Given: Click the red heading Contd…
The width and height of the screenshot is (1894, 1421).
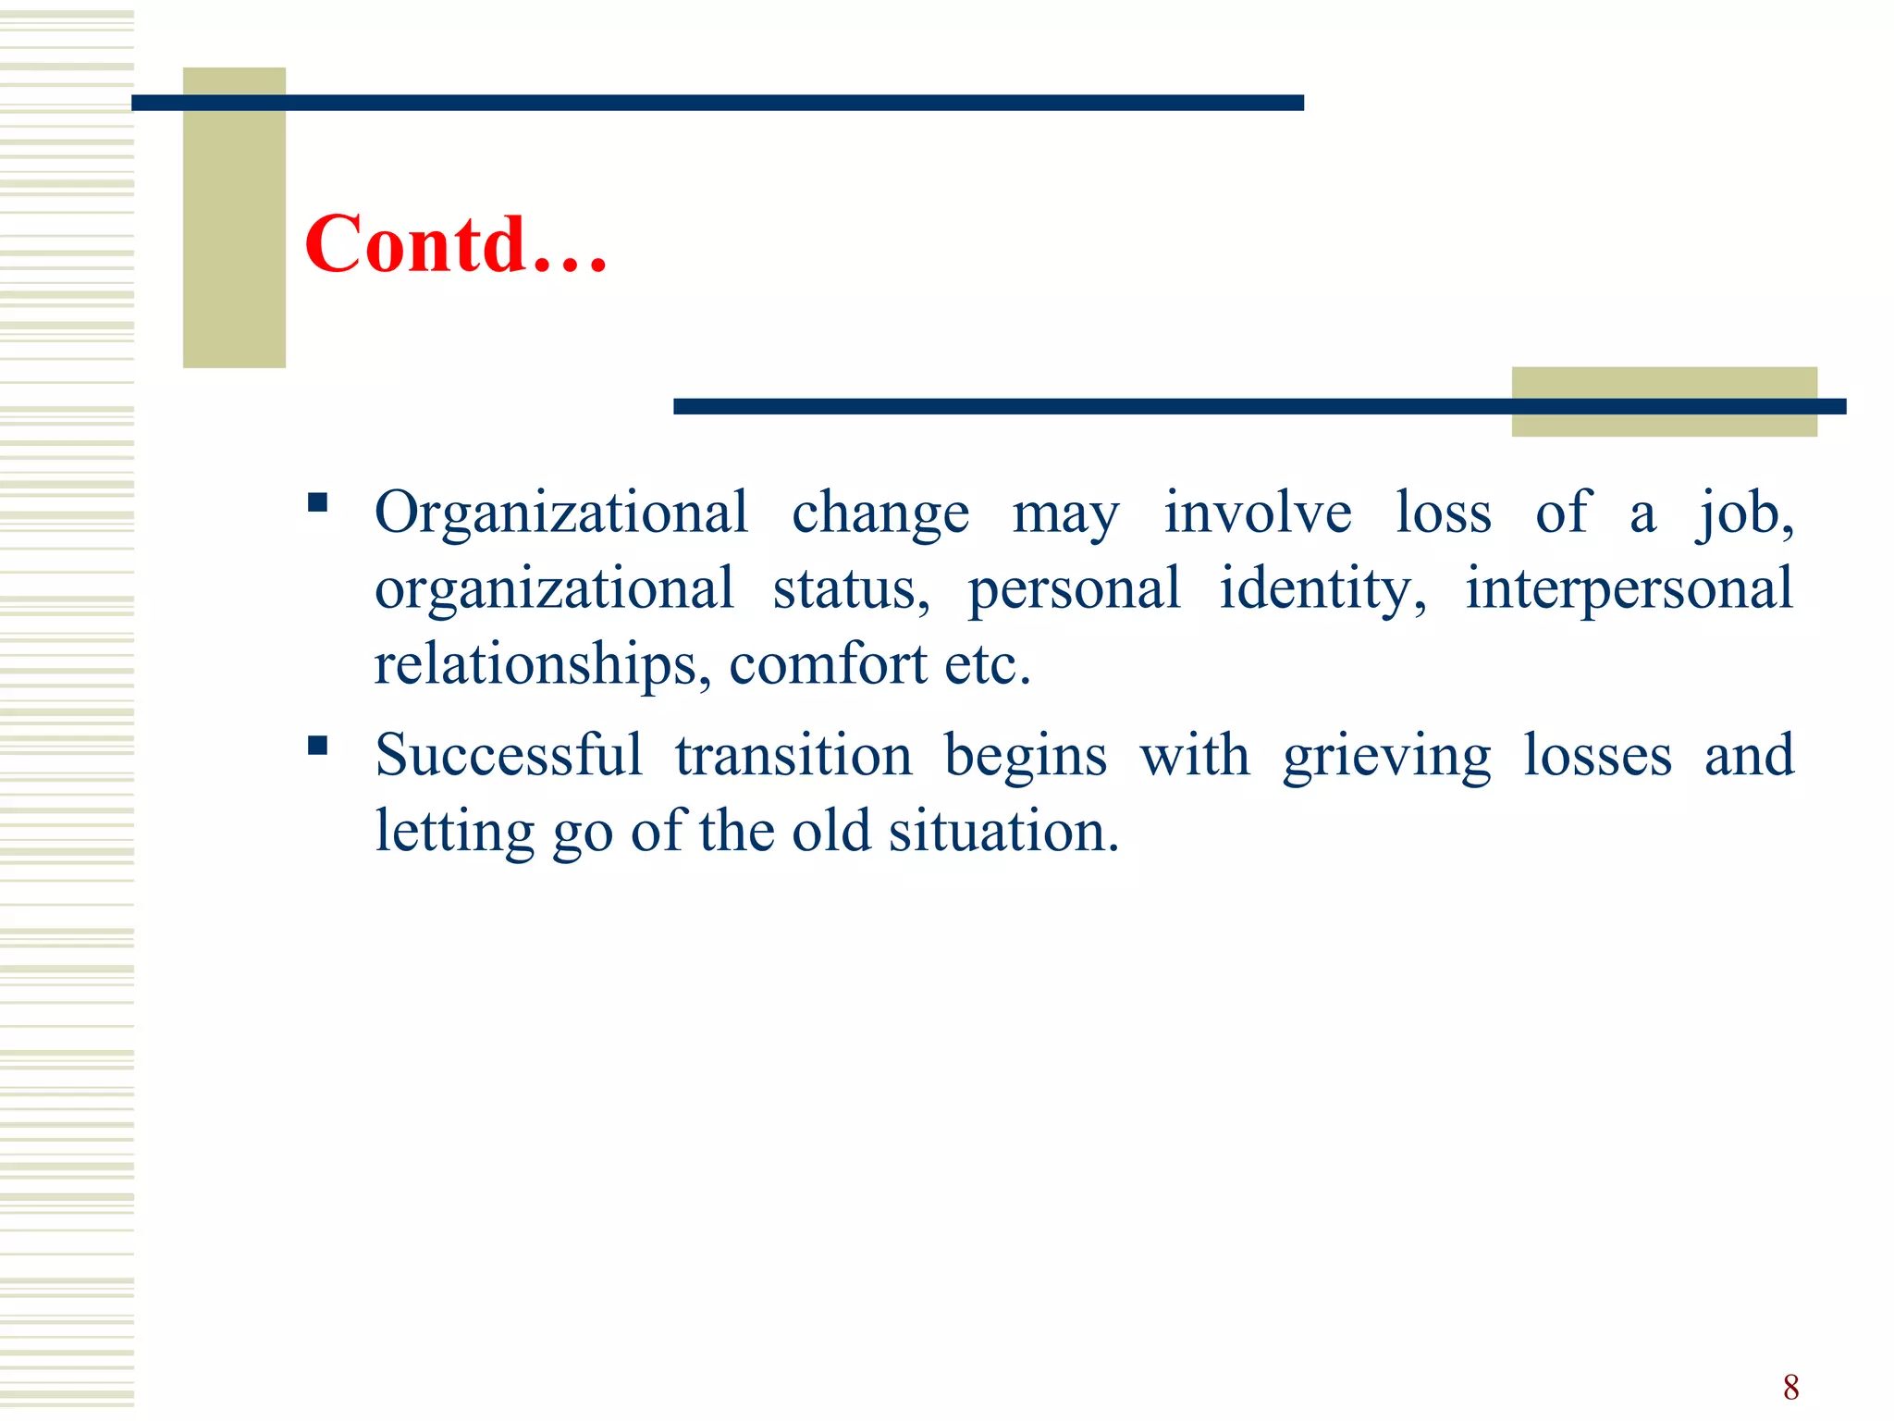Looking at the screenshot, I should (455, 244).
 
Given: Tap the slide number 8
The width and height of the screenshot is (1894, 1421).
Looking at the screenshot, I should (1790, 1387).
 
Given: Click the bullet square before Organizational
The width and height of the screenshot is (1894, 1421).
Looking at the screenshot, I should (318, 503).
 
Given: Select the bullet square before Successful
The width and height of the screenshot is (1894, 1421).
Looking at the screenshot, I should (318, 746).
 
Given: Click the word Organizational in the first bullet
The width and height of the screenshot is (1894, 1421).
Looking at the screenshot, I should (560, 513).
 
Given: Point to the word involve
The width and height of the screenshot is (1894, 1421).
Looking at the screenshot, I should (1257, 513).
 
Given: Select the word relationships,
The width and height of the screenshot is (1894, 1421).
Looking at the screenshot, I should (542, 665).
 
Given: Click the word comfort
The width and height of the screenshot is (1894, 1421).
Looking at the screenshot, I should (828, 665).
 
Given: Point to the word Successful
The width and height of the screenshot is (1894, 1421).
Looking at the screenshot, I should (508, 755).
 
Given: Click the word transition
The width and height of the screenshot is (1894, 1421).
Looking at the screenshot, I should (793, 755).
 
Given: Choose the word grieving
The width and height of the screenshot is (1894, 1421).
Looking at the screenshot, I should (1386, 757).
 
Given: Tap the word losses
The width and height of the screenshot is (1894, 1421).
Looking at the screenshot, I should (1597, 755).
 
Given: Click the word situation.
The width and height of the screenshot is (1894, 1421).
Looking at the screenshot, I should (1003, 831).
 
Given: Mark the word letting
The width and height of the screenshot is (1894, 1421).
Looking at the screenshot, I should (454, 833).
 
